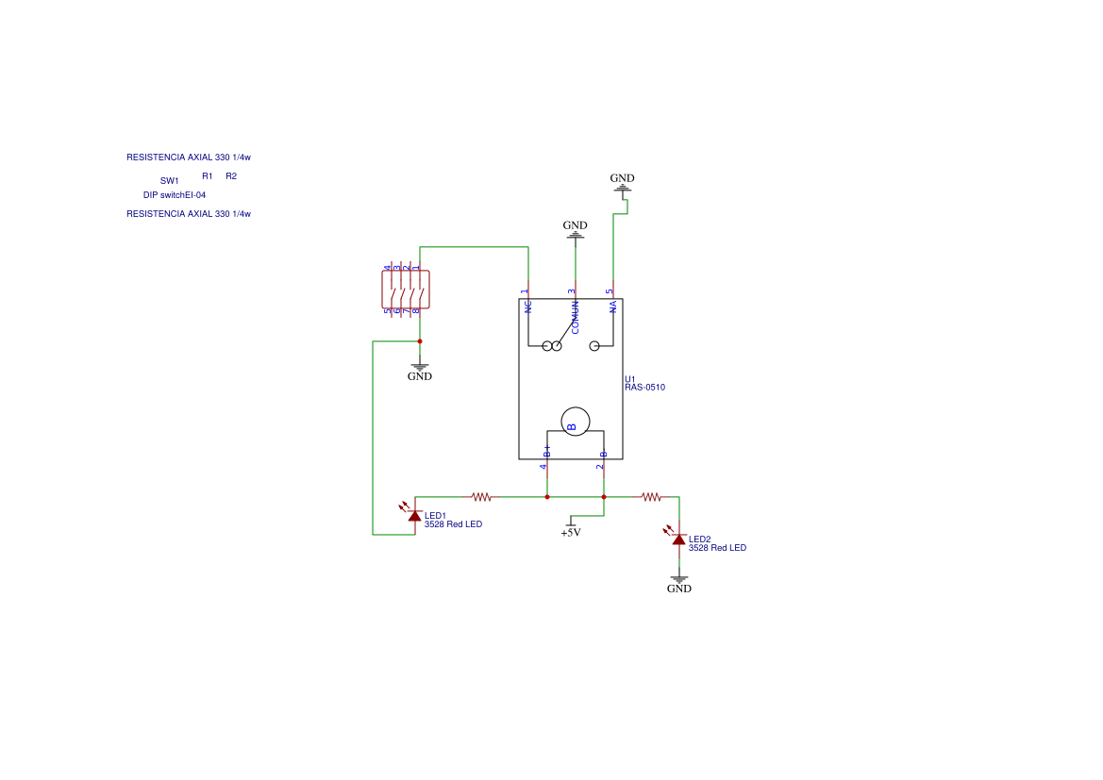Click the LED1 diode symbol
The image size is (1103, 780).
(x=414, y=515)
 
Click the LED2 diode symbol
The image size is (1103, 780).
(x=678, y=539)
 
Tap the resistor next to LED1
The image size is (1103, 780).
(x=481, y=496)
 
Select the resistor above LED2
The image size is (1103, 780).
(x=651, y=496)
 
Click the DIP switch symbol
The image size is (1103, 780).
(x=406, y=290)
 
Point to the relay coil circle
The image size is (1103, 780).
(x=575, y=422)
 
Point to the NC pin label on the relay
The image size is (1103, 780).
(x=528, y=307)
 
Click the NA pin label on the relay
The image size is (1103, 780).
(x=613, y=307)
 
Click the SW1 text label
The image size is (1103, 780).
(x=169, y=180)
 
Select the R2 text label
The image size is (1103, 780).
(x=231, y=176)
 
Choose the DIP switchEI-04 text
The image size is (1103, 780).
(x=175, y=195)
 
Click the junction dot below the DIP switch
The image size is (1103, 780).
(x=420, y=341)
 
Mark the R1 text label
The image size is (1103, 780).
(x=208, y=176)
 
